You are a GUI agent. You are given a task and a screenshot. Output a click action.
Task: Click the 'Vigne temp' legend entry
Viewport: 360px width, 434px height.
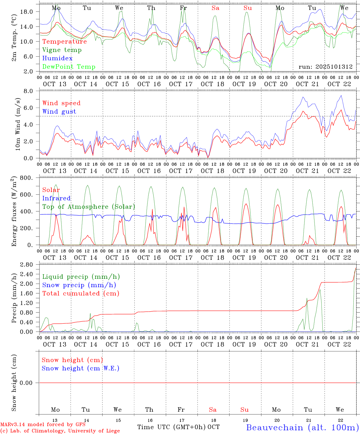[62, 50]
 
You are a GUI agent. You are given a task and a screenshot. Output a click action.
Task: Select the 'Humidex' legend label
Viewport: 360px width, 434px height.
[57, 58]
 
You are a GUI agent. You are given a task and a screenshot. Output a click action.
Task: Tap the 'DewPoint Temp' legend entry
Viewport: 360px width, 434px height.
[69, 67]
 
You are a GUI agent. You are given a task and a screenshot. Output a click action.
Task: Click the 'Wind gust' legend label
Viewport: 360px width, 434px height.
[59, 112]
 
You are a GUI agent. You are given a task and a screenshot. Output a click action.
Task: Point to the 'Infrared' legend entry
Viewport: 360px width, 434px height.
[56, 198]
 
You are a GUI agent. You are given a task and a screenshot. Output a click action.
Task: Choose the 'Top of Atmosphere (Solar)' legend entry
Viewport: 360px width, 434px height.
[89, 207]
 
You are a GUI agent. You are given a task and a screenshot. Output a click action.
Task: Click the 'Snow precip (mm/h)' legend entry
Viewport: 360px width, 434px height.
[79, 285]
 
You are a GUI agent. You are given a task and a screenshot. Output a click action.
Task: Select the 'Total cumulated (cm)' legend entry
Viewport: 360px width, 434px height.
[81, 294]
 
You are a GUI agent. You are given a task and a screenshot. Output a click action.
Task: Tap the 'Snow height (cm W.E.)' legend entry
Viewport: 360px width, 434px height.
[81, 368]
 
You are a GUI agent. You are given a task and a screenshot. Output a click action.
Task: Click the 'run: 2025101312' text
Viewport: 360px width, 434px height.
[326, 67]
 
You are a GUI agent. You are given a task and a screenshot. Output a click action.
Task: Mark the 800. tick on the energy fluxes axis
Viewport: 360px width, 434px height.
[27, 178]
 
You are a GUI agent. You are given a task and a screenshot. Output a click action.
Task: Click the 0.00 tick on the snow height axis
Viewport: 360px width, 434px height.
[27, 383]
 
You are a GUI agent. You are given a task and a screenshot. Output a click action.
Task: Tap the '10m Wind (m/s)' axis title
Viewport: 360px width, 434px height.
[18, 124]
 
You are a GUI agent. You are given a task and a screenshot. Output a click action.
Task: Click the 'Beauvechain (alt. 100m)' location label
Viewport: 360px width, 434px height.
[302, 427]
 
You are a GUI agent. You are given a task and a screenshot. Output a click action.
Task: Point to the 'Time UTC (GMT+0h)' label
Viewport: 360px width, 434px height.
[172, 427]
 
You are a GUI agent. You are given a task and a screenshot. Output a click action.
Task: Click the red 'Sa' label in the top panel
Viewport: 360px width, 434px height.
[215, 8]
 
